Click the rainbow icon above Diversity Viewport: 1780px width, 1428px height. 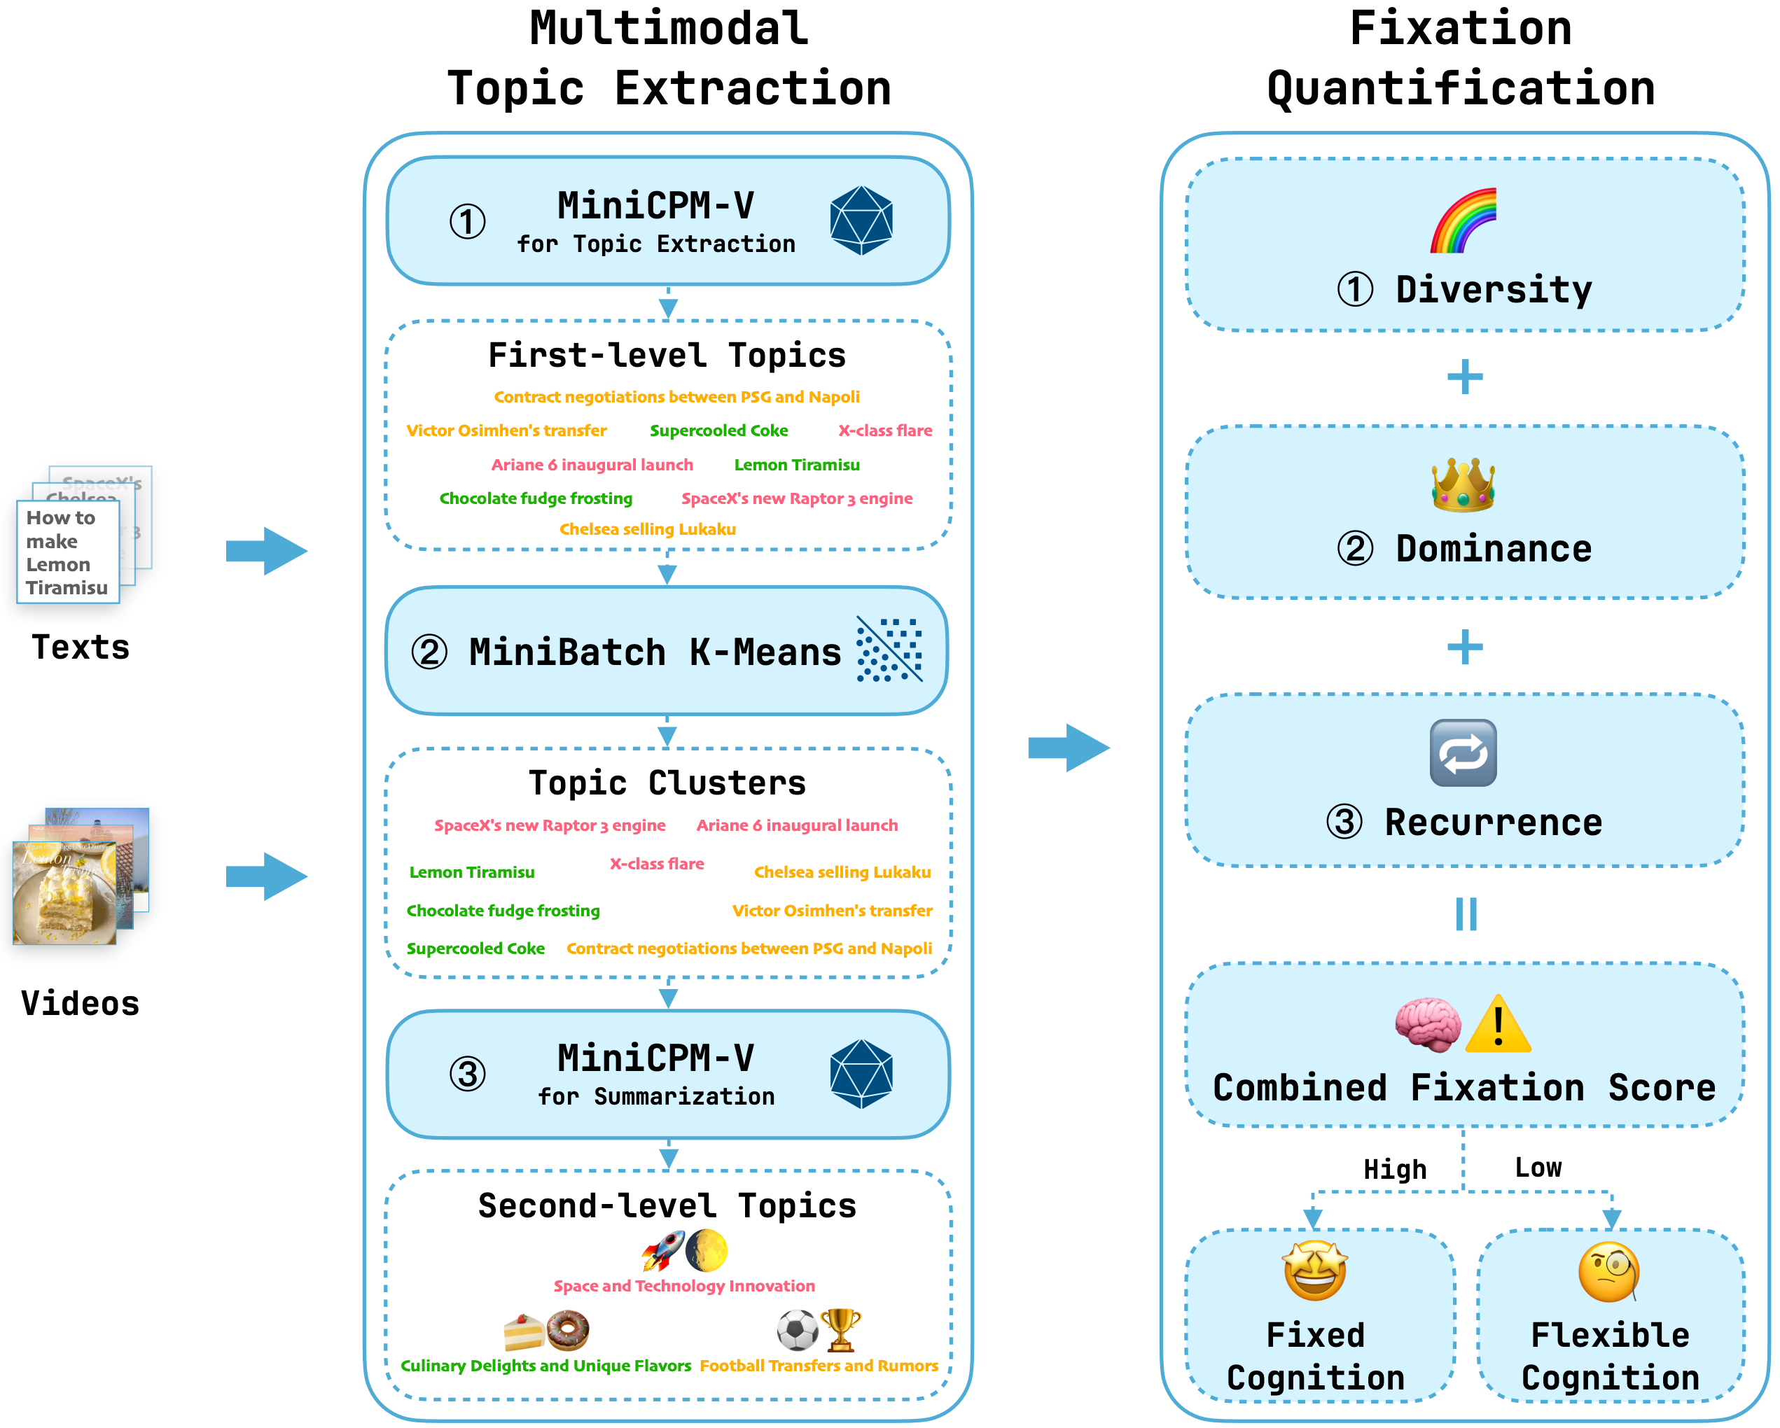coord(1463,220)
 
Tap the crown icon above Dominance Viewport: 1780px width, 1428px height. coord(1463,485)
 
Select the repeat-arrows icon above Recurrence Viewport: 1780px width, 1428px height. coord(1463,752)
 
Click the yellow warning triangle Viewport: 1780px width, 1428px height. coord(1498,1025)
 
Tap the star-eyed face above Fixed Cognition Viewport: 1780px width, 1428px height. coord(1315,1270)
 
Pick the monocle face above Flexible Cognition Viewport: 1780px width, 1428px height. coord(1609,1272)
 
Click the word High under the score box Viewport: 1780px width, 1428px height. coord(1394,1170)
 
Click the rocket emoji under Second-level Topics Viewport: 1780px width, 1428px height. coord(663,1250)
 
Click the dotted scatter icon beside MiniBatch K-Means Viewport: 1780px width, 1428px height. coord(889,650)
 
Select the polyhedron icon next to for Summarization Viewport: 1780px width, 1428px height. coord(861,1073)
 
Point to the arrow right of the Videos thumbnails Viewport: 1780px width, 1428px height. coord(267,876)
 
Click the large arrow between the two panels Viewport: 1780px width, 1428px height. coord(1069,748)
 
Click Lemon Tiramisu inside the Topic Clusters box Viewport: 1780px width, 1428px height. coord(471,872)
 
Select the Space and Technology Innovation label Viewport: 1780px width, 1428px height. coord(683,1286)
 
